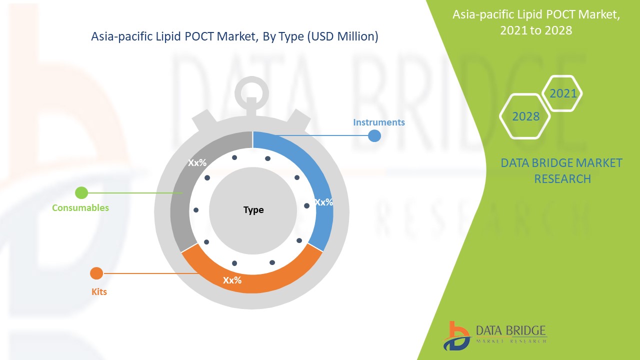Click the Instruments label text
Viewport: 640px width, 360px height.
379,122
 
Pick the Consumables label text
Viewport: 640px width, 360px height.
80,207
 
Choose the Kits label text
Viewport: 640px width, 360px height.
99,291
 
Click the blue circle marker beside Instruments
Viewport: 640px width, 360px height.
374,135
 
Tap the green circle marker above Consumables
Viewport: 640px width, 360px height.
81,192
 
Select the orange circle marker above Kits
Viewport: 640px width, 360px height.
96,273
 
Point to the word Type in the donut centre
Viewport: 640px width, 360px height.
253,210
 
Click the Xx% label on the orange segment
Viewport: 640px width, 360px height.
232,280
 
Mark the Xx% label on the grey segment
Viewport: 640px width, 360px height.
197,162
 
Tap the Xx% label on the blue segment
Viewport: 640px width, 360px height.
323,202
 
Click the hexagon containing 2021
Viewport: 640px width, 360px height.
562,93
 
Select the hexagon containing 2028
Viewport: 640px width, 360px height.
525,116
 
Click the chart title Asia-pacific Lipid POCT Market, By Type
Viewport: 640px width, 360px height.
234,36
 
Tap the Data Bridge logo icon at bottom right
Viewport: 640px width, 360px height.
456,335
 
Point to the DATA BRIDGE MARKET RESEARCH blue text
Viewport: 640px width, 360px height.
561,170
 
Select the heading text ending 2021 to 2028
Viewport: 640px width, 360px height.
536,22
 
